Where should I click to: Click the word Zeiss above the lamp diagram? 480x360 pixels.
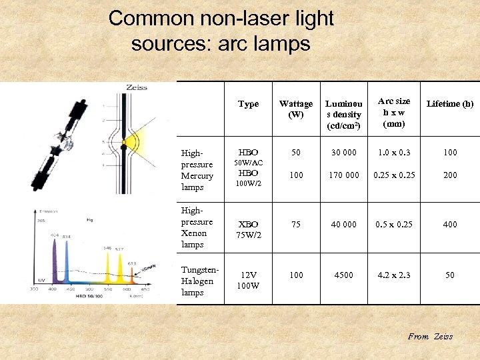click(x=137, y=88)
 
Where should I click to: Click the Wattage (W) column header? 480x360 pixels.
click(x=295, y=109)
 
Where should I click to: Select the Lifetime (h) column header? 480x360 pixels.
click(x=450, y=104)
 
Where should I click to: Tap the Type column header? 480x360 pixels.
click(x=248, y=104)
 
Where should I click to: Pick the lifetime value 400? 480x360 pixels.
click(x=450, y=225)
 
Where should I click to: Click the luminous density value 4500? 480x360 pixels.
click(x=343, y=275)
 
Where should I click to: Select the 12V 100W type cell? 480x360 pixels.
click(x=248, y=281)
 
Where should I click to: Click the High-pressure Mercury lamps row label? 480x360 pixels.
click(x=197, y=170)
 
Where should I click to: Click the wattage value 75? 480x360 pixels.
click(x=295, y=225)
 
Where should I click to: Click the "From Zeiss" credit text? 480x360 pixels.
click(x=430, y=337)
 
